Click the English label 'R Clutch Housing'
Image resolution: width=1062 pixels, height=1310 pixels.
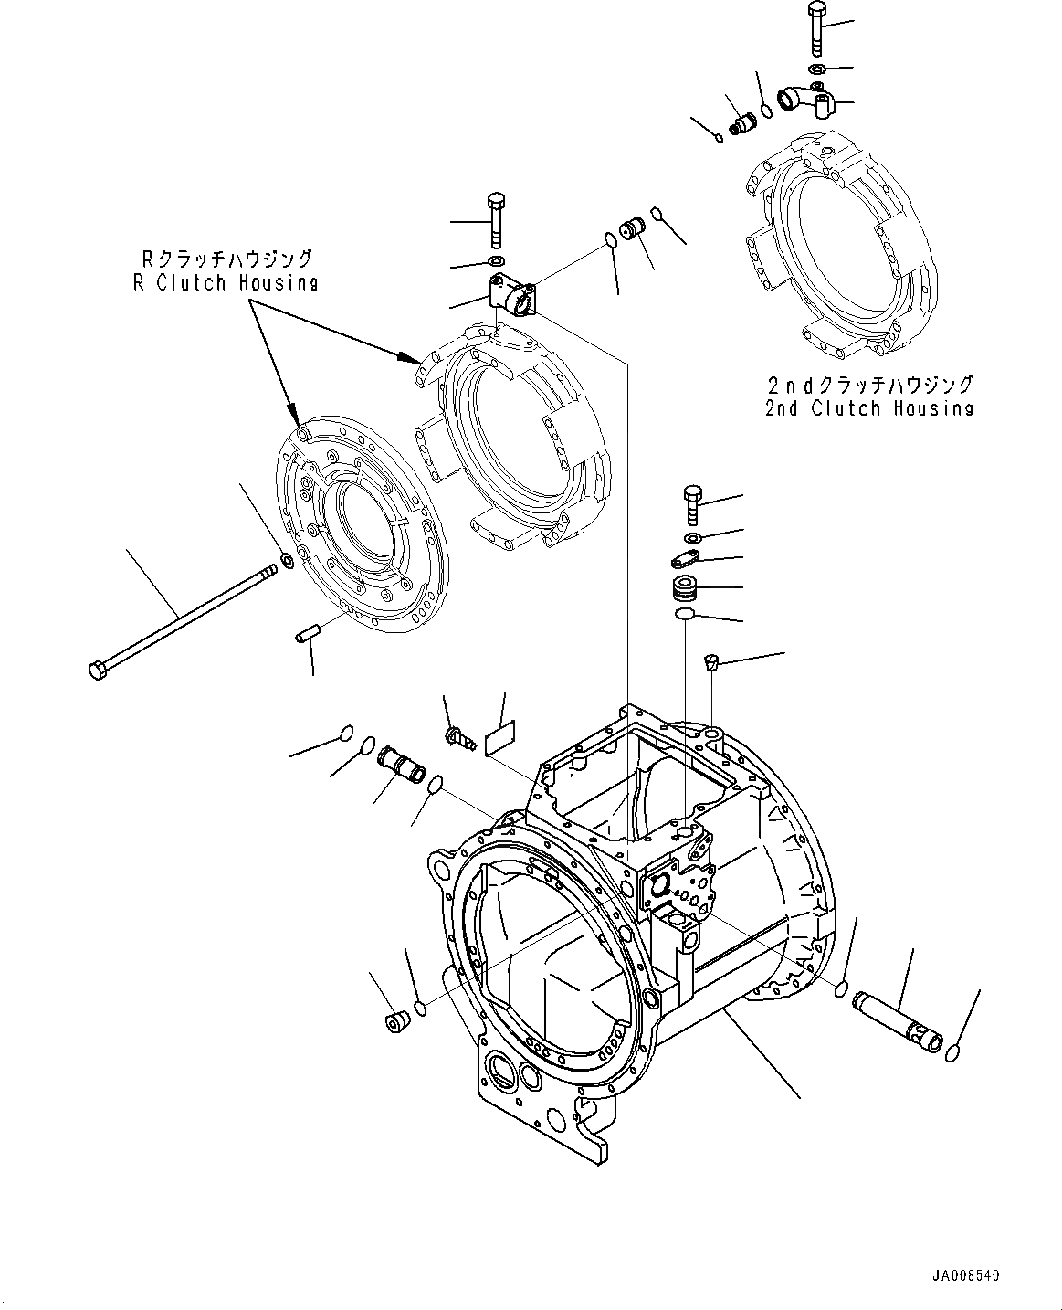click(226, 282)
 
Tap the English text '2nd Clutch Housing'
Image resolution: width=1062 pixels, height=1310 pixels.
click(868, 407)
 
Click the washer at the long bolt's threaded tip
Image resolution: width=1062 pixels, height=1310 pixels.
click(285, 559)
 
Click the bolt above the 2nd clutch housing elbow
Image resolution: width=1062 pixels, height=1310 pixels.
click(815, 28)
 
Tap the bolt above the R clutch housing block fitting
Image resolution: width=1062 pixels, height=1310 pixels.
click(497, 219)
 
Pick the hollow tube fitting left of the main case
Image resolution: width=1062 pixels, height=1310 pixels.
click(402, 763)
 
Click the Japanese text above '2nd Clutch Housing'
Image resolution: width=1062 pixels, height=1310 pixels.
click(868, 385)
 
